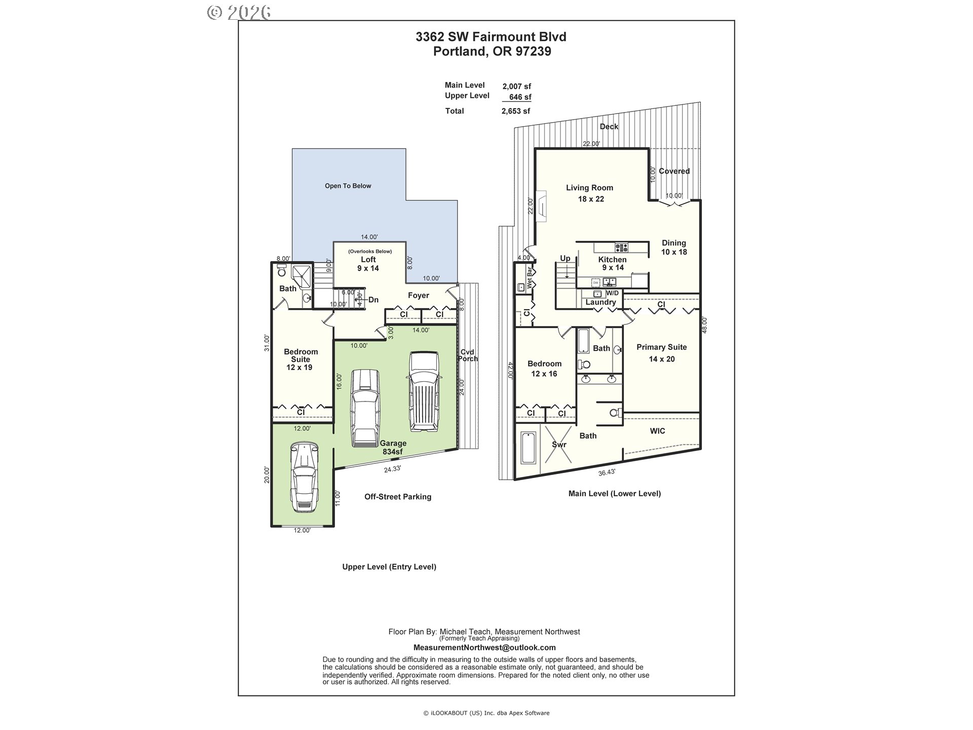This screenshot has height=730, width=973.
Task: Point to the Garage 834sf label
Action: [x=393, y=447]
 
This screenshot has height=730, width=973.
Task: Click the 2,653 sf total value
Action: [x=516, y=111]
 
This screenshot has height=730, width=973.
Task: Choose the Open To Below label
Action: [x=348, y=186]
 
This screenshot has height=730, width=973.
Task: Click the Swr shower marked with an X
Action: [x=558, y=444]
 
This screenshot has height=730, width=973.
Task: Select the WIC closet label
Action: [x=657, y=431]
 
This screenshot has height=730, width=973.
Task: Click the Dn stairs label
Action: [x=373, y=300]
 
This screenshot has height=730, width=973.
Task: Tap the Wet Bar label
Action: [x=530, y=278]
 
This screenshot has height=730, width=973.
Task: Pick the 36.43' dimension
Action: [x=607, y=472]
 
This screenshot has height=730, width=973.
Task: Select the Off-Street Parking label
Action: [x=398, y=497]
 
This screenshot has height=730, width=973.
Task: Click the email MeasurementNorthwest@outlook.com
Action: [x=484, y=647]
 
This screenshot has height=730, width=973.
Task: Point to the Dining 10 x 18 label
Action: [x=674, y=247]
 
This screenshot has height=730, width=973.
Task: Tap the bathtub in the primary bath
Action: [x=529, y=448]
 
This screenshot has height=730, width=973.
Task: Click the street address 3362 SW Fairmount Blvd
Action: [x=491, y=37]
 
